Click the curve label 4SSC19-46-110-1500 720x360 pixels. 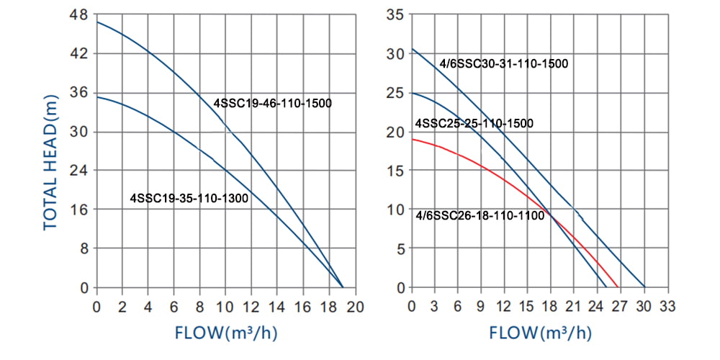[x=272, y=103]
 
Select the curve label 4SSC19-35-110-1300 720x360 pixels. [x=189, y=197]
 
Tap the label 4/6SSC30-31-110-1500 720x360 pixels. [x=504, y=63]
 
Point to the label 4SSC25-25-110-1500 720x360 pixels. [x=474, y=123]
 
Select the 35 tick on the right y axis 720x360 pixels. [x=395, y=14]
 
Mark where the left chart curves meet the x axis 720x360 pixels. [x=342, y=287]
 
